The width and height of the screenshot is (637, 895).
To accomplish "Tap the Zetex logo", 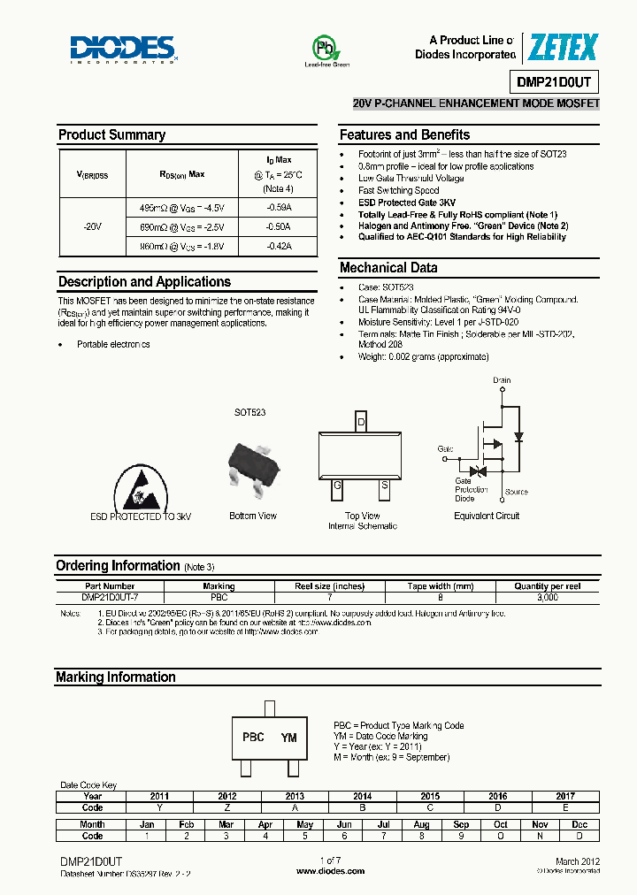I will point(563,48).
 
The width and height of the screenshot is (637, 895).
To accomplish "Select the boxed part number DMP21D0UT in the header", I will point(556,82).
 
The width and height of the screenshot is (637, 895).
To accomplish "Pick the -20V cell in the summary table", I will point(93,226).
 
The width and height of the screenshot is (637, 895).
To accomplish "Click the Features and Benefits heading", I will point(404,135).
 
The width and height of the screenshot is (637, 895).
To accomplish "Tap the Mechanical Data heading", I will point(388,268).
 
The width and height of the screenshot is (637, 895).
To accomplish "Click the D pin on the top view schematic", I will point(361,422).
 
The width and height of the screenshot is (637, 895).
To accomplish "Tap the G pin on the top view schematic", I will point(338,486).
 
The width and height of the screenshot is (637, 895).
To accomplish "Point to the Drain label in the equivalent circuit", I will point(502,380).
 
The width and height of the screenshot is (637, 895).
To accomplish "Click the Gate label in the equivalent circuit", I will point(445,449).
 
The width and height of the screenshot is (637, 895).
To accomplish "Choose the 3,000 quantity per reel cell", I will point(548,598).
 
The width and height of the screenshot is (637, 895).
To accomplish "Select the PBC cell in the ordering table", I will point(219,598).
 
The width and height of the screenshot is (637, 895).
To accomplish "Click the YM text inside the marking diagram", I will point(288,738).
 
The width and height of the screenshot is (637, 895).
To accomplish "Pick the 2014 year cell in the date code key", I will point(362,796).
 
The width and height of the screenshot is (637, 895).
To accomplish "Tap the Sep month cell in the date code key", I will point(461,824).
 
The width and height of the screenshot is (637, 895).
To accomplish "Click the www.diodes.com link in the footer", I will point(331,871).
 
